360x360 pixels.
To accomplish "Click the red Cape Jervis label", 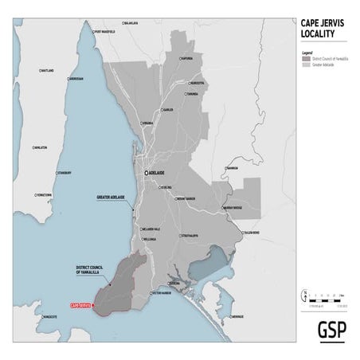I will pyautogui.click(x=80, y=305).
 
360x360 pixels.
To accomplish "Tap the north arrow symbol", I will pyautogui.click(x=303, y=298).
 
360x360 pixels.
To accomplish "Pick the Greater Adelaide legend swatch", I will pyautogui.click(x=306, y=64).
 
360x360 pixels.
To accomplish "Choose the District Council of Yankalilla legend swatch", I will pyautogui.click(x=306, y=59).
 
